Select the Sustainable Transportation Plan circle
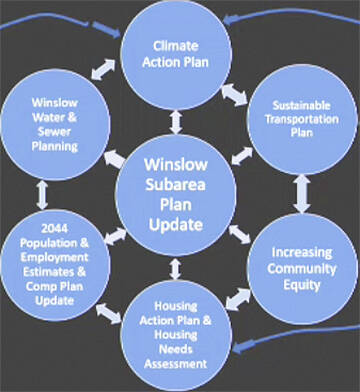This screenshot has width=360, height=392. coord(296,118)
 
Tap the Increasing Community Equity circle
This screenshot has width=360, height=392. coord(297,269)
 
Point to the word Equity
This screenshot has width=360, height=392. coord(297,286)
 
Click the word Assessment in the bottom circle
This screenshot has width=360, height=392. coord(177,364)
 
